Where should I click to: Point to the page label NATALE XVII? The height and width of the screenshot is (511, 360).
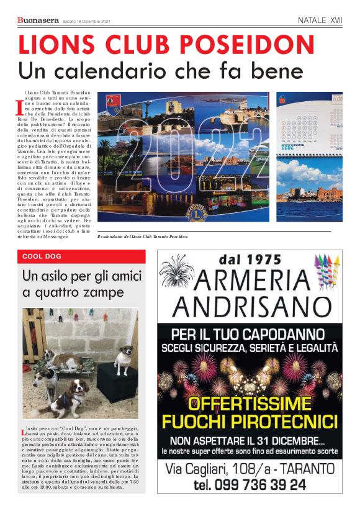(x=320, y=20)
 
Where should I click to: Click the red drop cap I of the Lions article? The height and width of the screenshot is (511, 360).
(x=19, y=108)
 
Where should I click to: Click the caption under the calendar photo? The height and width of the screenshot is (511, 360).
(x=151, y=237)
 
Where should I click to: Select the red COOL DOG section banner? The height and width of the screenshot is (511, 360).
(x=81, y=256)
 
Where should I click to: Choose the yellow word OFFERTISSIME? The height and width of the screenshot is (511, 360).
(x=250, y=404)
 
